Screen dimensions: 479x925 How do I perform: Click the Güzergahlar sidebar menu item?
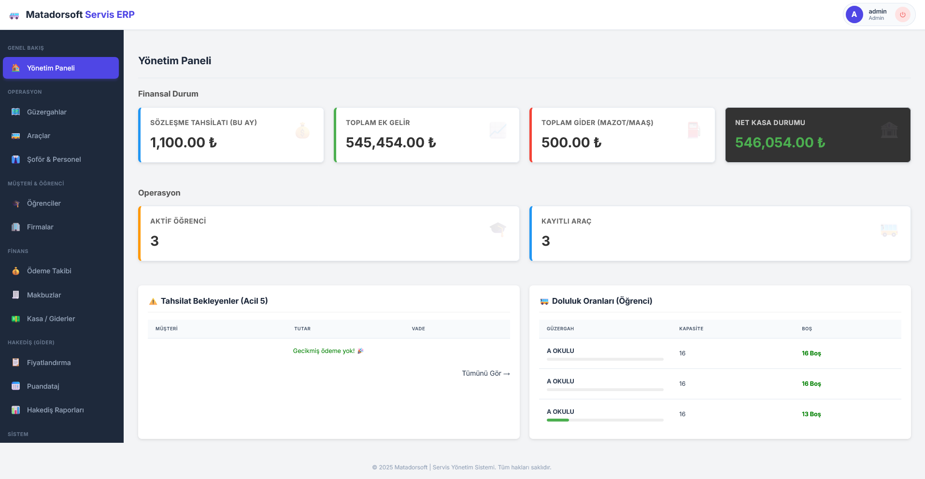[x=46, y=112]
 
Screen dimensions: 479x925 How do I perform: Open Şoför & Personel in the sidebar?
[x=54, y=159]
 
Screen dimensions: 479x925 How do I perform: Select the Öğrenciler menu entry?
[x=43, y=203]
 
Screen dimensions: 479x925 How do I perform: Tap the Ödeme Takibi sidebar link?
[x=49, y=271]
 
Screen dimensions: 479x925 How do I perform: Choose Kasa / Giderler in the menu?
[x=51, y=319]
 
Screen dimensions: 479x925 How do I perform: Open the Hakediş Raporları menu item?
[x=55, y=410]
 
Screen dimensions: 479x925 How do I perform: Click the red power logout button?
[x=902, y=14]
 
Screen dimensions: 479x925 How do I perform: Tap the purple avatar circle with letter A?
[x=854, y=14]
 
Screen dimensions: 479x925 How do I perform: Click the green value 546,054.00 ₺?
[x=780, y=142]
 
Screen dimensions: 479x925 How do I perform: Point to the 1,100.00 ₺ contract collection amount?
[x=183, y=142]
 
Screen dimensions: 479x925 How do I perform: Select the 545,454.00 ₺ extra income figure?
[x=390, y=142]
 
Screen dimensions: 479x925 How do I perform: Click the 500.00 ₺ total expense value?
[x=571, y=142]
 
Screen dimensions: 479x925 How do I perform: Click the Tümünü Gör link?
[x=485, y=373]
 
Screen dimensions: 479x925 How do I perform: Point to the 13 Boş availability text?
[x=811, y=414]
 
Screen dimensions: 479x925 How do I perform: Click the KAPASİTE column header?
[x=691, y=329]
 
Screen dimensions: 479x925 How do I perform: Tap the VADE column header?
[x=418, y=329]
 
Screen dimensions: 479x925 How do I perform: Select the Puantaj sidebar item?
[x=43, y=386]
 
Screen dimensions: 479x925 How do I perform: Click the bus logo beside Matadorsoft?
[x=14, y=15]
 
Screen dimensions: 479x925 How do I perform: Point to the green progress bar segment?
[x=557, y=420]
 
